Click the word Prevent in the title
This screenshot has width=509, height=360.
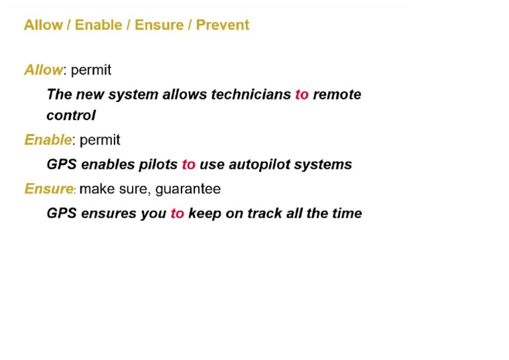click(222, 25)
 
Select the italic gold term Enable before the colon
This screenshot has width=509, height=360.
click(48, 140)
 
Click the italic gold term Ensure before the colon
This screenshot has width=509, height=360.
click(48, 189)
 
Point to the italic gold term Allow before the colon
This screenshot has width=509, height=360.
click(43, 70)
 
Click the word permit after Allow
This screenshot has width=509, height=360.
click(91, 70)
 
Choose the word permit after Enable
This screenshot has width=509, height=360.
click(99, 141)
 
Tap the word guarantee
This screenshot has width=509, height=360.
click(188, 190)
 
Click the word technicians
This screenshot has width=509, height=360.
click(251, 94)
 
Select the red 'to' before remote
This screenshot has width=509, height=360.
click(302, 94)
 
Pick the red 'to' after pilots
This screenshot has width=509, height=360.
click(189, 164)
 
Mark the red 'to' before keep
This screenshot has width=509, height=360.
click(177, 213)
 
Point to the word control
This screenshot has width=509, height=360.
click(71, 115)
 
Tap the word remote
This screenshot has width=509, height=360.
click(337, 94)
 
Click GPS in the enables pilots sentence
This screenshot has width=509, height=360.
click(62, 164)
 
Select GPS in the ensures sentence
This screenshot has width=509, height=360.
click(62, 213)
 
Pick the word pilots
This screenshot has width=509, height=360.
click(158, 164)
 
